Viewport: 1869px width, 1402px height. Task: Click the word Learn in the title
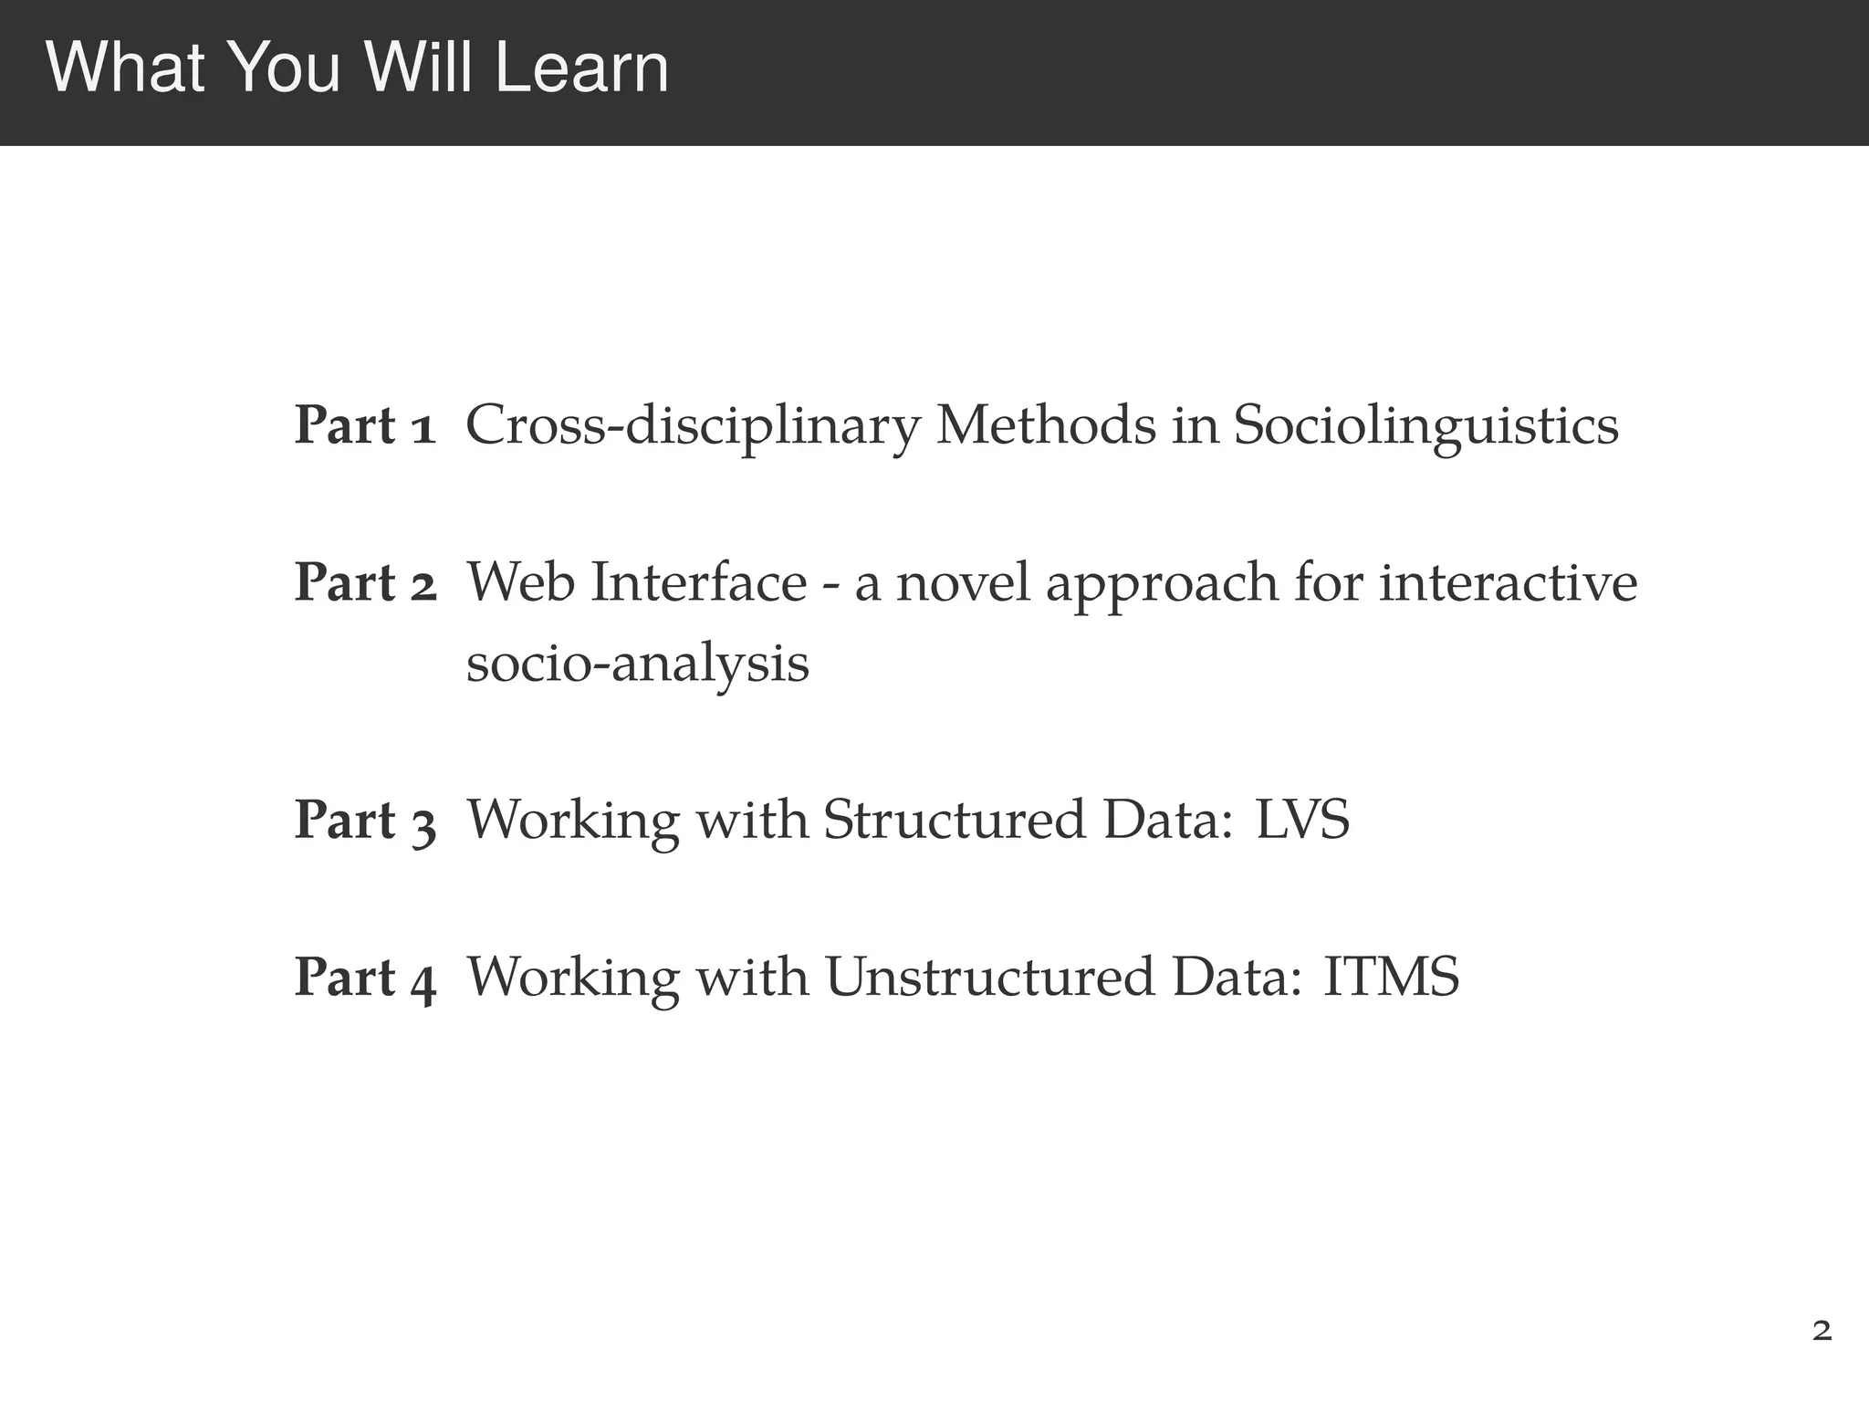pos(582,69)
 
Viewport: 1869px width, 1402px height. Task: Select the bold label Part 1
pos(365,425)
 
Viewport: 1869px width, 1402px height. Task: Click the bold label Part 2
pos(365,582)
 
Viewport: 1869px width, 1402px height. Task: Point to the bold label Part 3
pos(365,820)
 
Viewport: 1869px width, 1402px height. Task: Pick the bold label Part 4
pos(365,977)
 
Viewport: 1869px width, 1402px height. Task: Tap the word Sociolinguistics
pos(1425,427)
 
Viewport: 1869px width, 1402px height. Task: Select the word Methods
pos(1046,425)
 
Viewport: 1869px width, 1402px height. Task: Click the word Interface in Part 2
pos(698,582)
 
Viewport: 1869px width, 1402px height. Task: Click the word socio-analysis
pos(637,664)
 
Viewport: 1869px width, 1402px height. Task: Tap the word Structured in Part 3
pos(954,820)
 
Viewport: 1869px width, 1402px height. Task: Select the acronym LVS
pos(1302,820)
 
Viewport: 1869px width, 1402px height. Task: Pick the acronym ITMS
pos(1391,977)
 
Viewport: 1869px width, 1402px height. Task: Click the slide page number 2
pos(1822,1332)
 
